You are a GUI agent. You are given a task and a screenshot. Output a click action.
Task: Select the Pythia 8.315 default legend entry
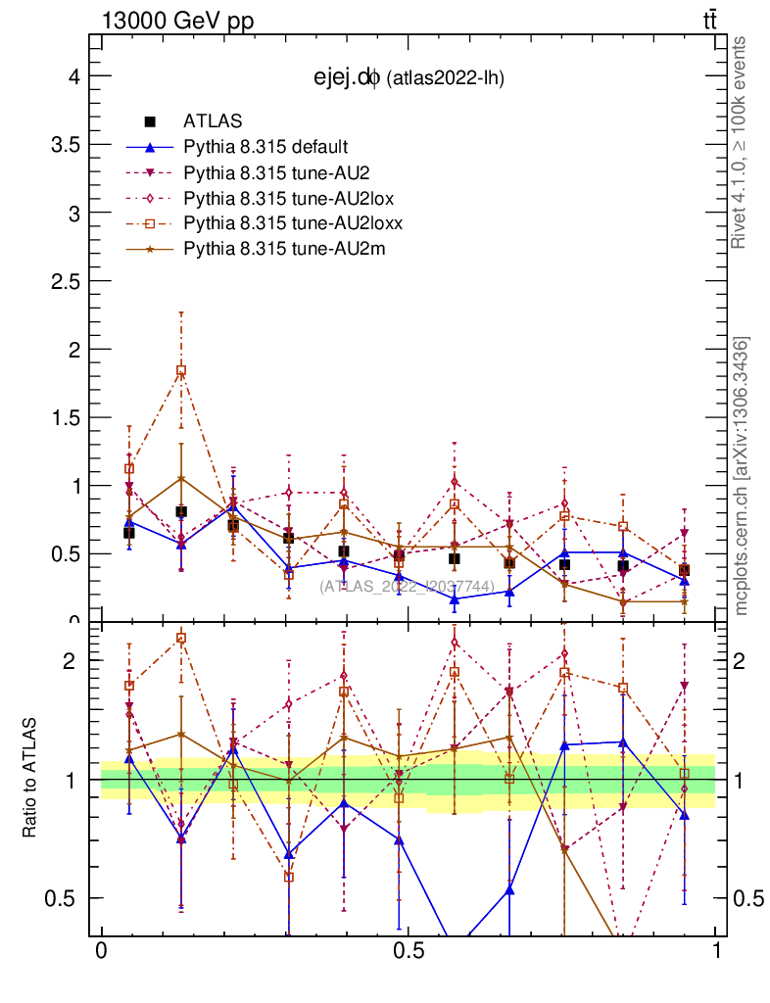pyautogui.click(x=265, y=147)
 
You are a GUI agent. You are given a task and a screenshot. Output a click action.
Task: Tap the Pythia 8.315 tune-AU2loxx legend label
pyautogui.click(x=293, y=223)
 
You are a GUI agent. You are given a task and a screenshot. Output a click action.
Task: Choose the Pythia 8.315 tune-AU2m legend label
pyautogui.click(x=284, y=249)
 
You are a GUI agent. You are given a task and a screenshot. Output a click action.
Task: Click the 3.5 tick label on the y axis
pyautogui.click(x=63, y=144)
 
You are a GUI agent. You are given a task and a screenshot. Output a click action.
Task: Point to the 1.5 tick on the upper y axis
pyautogui.click(x=63, y=417)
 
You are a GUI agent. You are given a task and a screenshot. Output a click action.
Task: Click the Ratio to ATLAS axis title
pyautogui.click(x=30, y=779)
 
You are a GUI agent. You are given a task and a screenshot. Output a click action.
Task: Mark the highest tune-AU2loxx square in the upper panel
pyautogui.click(x=181, y=370)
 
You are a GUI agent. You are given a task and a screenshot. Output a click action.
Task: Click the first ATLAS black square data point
pyautogui.click(x=129, y=533)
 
